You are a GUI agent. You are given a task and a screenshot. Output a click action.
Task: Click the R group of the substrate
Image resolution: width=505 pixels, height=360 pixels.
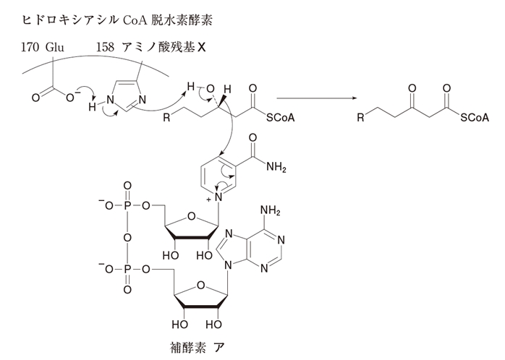click(167, 117)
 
